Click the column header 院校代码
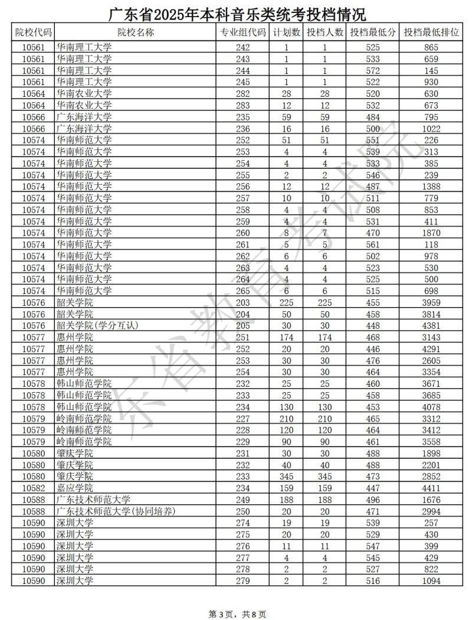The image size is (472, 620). [x=33, y=33]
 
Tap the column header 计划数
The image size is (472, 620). [x=287, y=33]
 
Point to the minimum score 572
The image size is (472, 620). [x=372, y=70]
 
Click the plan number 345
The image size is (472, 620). [x=287, y=477]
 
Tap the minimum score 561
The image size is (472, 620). [x=372, y=244]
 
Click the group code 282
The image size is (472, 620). [x=243, y=93]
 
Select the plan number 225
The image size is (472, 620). [x=287, y=302]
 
